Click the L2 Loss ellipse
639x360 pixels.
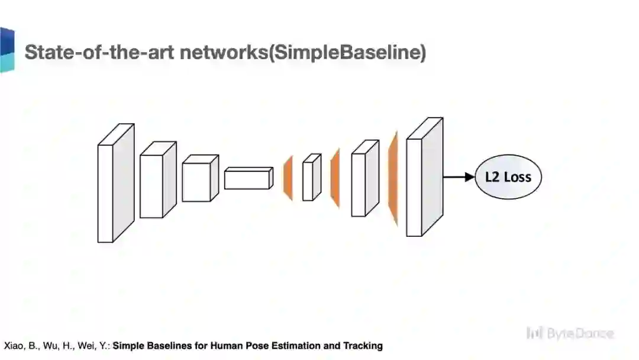point(508,177)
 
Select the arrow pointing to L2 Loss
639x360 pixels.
point(459,177)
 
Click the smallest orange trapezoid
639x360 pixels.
point(289,178)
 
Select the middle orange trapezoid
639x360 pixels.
point(335,178)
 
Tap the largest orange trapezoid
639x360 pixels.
point(392,178)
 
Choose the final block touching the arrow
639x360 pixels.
point(424,178)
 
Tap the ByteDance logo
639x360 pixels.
point(569,333)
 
